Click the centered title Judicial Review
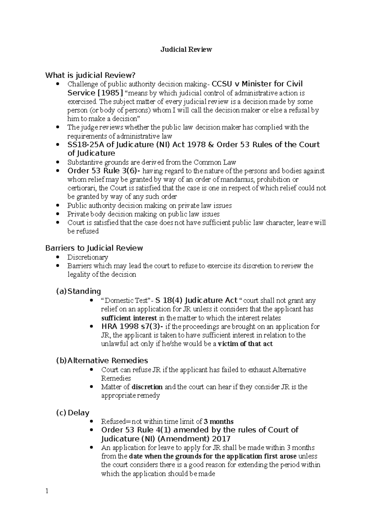coord(186,50)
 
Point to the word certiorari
coord(82,188)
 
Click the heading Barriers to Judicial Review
coord(94,248)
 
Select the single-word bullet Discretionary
coord(88,257)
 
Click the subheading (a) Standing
coord(78,291)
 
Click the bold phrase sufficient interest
coord(129,318)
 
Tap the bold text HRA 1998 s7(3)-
coord(132,327)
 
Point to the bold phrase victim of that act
coord(245,344)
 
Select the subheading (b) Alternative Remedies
coord(102,361)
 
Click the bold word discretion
coord(147,387)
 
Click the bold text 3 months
coord(219,421)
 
